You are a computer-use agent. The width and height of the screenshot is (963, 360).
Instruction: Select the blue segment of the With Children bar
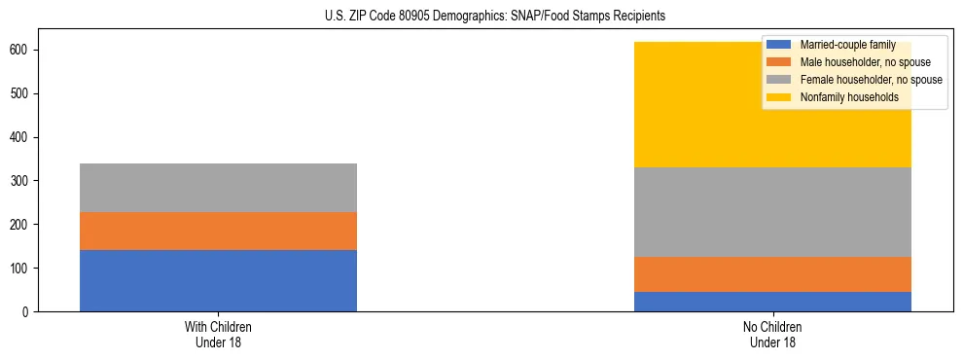click(x=218, y=280)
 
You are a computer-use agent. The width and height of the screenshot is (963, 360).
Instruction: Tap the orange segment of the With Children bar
click(x=218, y=231)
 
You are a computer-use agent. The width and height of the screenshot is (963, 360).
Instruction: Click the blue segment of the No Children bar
click(x=772, y=302)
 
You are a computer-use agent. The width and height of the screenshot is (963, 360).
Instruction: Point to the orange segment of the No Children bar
click(x=772, y=274)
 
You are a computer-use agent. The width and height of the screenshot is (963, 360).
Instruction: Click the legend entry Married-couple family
click(x=847, y=45)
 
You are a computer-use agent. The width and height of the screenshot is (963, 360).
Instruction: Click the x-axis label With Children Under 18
click(x=218, y=334)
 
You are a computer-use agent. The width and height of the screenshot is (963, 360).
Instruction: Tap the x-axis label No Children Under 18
click(x=772, y=334)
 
